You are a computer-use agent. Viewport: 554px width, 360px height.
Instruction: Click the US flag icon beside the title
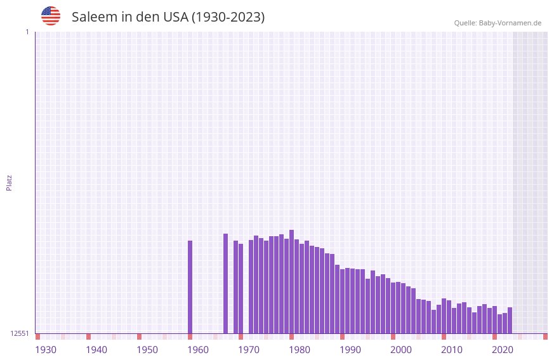point(51,16)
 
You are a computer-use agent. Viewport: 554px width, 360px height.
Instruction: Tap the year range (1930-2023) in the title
point(228,17)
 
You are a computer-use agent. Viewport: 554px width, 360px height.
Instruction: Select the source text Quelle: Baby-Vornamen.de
point(498,23)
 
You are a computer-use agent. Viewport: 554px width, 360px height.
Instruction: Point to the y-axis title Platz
point(9,183)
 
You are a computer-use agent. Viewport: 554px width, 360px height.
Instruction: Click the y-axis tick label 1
point(27,32)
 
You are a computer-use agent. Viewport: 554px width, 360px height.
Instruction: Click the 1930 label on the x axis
point(46,350)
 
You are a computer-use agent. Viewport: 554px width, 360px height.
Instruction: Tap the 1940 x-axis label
point(96,350)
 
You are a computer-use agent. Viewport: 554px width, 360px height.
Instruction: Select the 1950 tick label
point(147,350)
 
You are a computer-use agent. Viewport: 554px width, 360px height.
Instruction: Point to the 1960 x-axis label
point(198,350)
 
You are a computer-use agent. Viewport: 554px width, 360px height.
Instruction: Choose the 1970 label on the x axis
point(249,350)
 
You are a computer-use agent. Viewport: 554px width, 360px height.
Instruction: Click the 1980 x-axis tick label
point(300,350)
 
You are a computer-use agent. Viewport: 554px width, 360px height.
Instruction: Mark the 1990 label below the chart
point(350,350)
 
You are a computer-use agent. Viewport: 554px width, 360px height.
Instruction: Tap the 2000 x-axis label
point(401,350)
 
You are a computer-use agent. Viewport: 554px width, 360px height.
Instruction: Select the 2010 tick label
point(452,350)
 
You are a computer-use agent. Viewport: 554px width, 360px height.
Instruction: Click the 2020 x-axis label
point(503,350)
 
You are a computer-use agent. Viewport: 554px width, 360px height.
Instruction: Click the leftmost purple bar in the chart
point(190,287)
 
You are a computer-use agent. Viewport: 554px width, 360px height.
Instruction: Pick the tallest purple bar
point(291,281)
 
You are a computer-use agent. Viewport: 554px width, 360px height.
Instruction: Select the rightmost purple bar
point(510,321)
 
